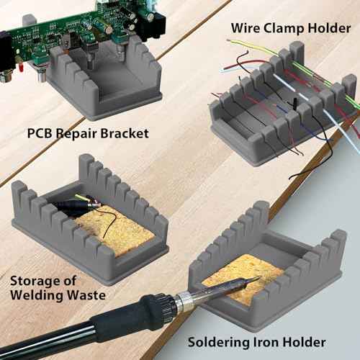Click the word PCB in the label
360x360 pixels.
42,133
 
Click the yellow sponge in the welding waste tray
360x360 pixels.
119,230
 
